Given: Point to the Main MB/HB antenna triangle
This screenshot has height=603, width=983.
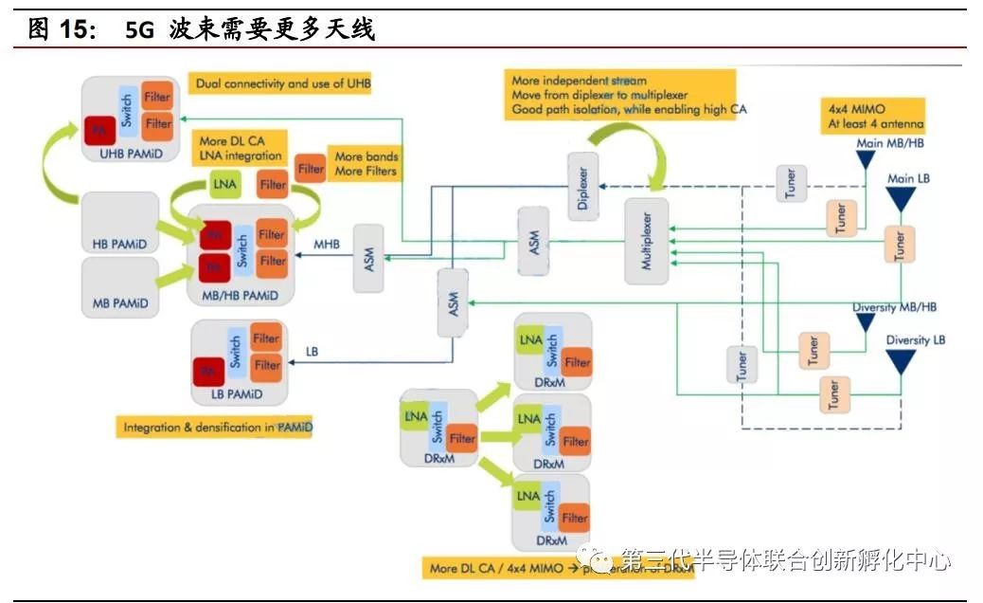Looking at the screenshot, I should [x=865, y=160].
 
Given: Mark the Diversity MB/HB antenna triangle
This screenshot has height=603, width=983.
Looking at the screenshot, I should [x=865, y=323].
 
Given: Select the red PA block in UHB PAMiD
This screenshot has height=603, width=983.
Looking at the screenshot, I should [x=97, y=127].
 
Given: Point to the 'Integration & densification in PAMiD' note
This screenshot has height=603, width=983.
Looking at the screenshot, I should [x=217, y=428].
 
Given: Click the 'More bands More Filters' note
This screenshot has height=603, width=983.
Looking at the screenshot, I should [x=366, y=163].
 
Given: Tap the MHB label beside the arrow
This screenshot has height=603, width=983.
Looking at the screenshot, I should [x=327, y=244].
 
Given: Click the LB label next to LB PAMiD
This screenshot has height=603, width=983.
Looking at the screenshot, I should [x=313, y=351].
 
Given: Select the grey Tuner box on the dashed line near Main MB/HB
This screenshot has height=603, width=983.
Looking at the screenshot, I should [x=792, y=182].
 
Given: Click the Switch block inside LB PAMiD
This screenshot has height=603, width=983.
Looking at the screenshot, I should [x=235, y=353].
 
